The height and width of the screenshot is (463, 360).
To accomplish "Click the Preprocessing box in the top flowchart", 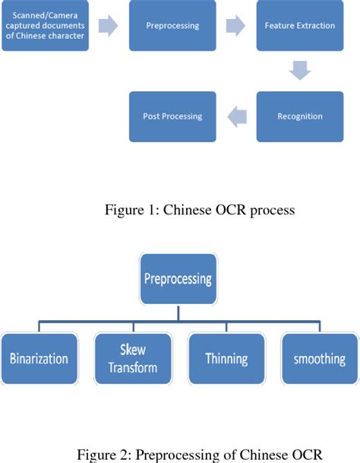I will click(x=172, y=26).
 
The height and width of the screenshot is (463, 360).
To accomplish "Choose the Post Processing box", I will click(x=172, y=116).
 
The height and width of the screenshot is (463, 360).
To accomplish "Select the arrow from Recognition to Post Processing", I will click(x=236, y=117).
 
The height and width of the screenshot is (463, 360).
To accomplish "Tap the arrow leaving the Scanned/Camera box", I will click(x=109, y=27).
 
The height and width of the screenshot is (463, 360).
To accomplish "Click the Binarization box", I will click(x=40, y=358).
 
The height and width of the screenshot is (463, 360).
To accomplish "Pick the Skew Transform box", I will click(x=132, y=358).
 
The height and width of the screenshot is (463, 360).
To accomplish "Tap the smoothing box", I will click(x=320, y=358).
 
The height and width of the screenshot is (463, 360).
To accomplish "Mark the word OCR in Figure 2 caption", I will click(x=303, y=455).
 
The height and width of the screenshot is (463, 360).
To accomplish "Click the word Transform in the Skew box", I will click(x=132, y=367).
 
